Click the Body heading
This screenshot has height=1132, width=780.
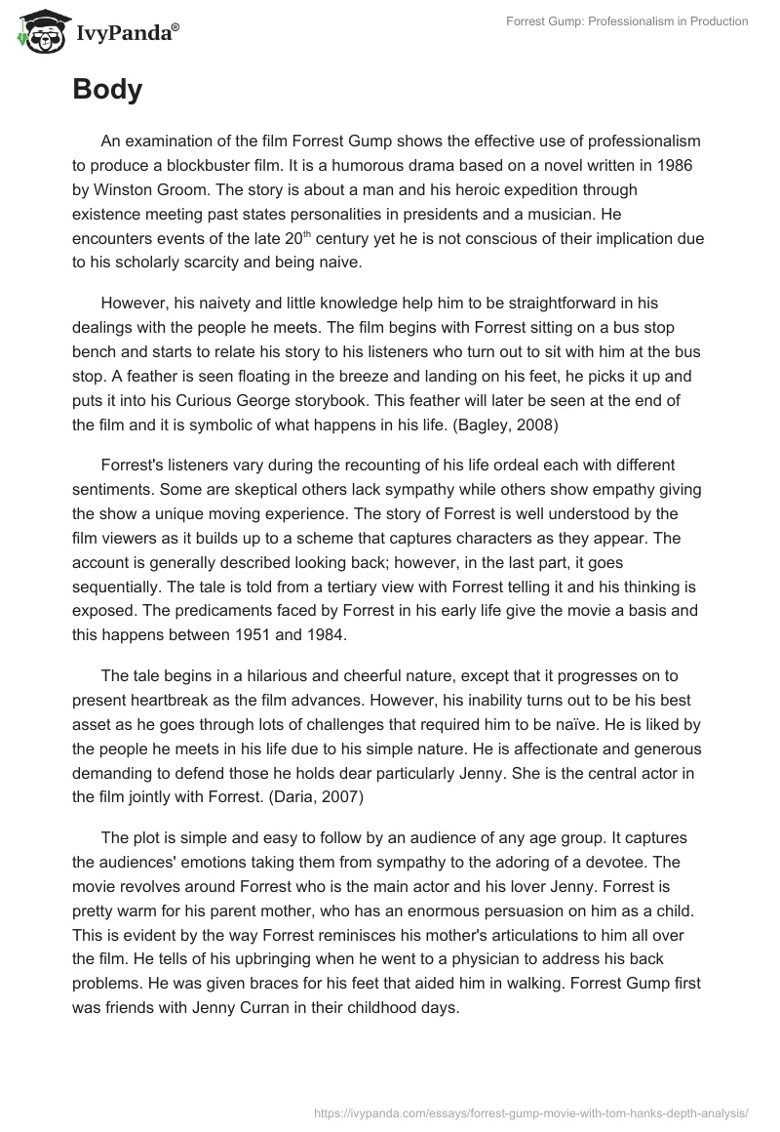pyautogui.click(x=107, y=90)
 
